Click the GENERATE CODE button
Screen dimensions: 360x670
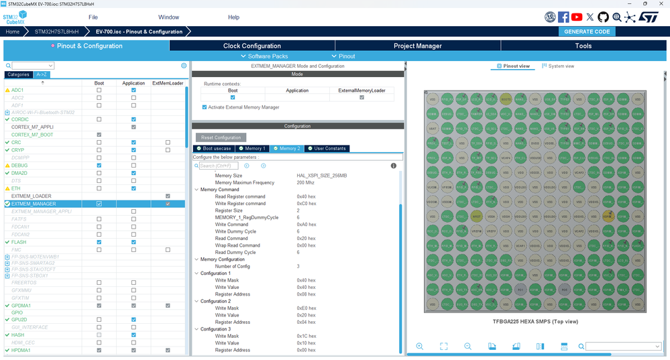click(587, 32)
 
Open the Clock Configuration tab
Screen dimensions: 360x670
click(252, 46)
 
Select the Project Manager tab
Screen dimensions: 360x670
click(417, 46)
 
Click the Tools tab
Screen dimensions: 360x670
click(583, 46)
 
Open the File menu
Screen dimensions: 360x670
click(93, 17)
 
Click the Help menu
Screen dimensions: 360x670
click(233, 17)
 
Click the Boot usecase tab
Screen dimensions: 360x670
click(215, 148)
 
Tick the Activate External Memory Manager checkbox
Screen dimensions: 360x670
click(205, 107)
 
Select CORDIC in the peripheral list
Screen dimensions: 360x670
click(20, 119)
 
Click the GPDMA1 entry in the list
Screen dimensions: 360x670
click(21, 306)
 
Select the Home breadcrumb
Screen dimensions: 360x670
click(13, 32)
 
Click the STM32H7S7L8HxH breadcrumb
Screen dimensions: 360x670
click(56, 32)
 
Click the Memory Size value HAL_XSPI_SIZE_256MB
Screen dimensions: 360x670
click(322, 176)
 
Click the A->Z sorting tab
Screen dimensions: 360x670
click(42, 74)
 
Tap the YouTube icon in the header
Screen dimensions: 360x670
click(577, 17)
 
